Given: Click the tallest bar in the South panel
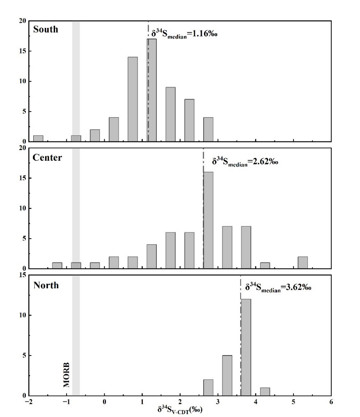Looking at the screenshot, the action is point(152,90).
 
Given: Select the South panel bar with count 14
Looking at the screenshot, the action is point(133,99).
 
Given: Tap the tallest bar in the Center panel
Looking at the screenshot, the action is point(208,220).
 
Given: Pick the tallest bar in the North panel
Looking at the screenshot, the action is point(246,347).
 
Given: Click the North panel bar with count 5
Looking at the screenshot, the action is point(227,376).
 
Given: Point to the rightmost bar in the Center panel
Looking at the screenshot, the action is point(303,262).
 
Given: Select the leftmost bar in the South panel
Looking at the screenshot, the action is point(38,139).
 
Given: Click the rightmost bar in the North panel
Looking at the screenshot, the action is point(265,392).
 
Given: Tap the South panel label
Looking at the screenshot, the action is point(46,29).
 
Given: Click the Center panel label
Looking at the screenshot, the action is point(47,158).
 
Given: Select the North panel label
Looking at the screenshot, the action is point(46,285).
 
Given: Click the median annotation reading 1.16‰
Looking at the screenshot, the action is point(184,34).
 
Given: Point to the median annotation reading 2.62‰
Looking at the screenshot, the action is point(245,162).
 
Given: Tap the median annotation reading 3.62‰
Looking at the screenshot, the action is point(278,287).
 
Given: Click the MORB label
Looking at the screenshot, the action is point(66,375).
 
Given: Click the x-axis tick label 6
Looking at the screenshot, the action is point(331,401).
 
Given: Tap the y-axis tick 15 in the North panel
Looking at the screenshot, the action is point(23,275).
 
